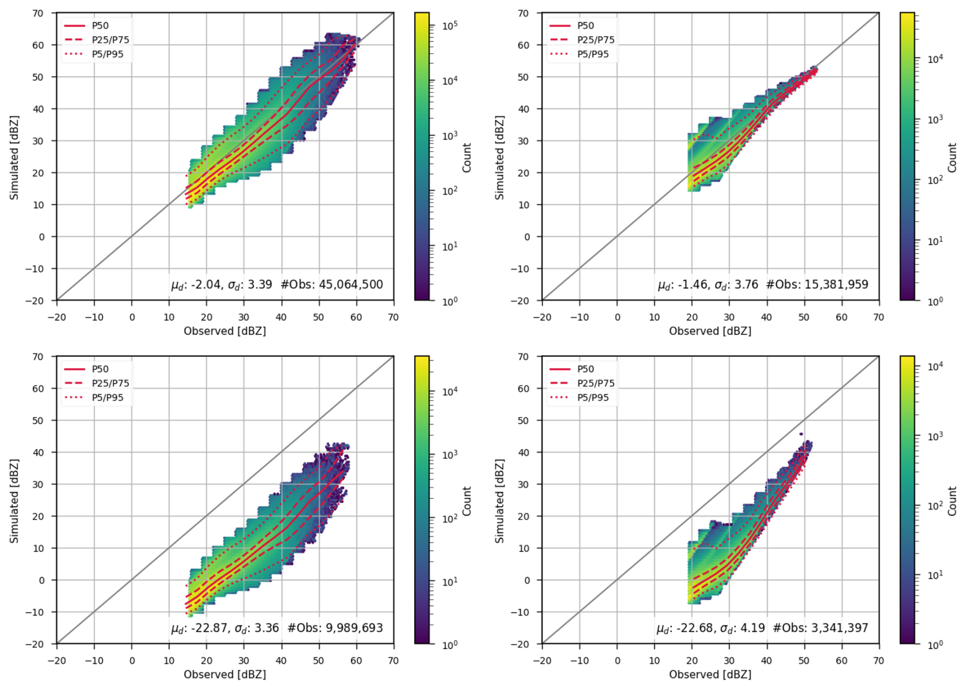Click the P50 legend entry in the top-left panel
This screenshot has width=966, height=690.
point(100,26)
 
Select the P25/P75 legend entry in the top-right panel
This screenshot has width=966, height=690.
point(596,40)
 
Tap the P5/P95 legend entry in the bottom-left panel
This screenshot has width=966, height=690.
point(107,397)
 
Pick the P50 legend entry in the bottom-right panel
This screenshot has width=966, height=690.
point(585,369)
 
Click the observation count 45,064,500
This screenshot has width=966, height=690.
point(350,284)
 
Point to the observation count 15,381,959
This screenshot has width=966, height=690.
point(836,284)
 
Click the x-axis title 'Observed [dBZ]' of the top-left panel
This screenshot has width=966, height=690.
point(225,331)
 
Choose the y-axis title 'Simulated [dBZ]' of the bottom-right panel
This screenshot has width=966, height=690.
point(499,501)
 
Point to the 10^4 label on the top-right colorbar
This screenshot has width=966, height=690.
point(935,59)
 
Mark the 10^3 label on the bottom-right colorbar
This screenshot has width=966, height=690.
point(935,436)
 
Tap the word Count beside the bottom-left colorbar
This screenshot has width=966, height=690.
point(467,501)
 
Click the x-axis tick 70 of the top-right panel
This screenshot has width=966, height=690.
point(878,317)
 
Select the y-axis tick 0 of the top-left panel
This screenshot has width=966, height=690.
point(41,236)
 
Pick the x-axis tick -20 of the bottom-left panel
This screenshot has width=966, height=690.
point(56,660)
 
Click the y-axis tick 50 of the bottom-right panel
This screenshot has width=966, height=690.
point(523,420)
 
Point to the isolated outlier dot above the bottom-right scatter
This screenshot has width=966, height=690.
point(801,434)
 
